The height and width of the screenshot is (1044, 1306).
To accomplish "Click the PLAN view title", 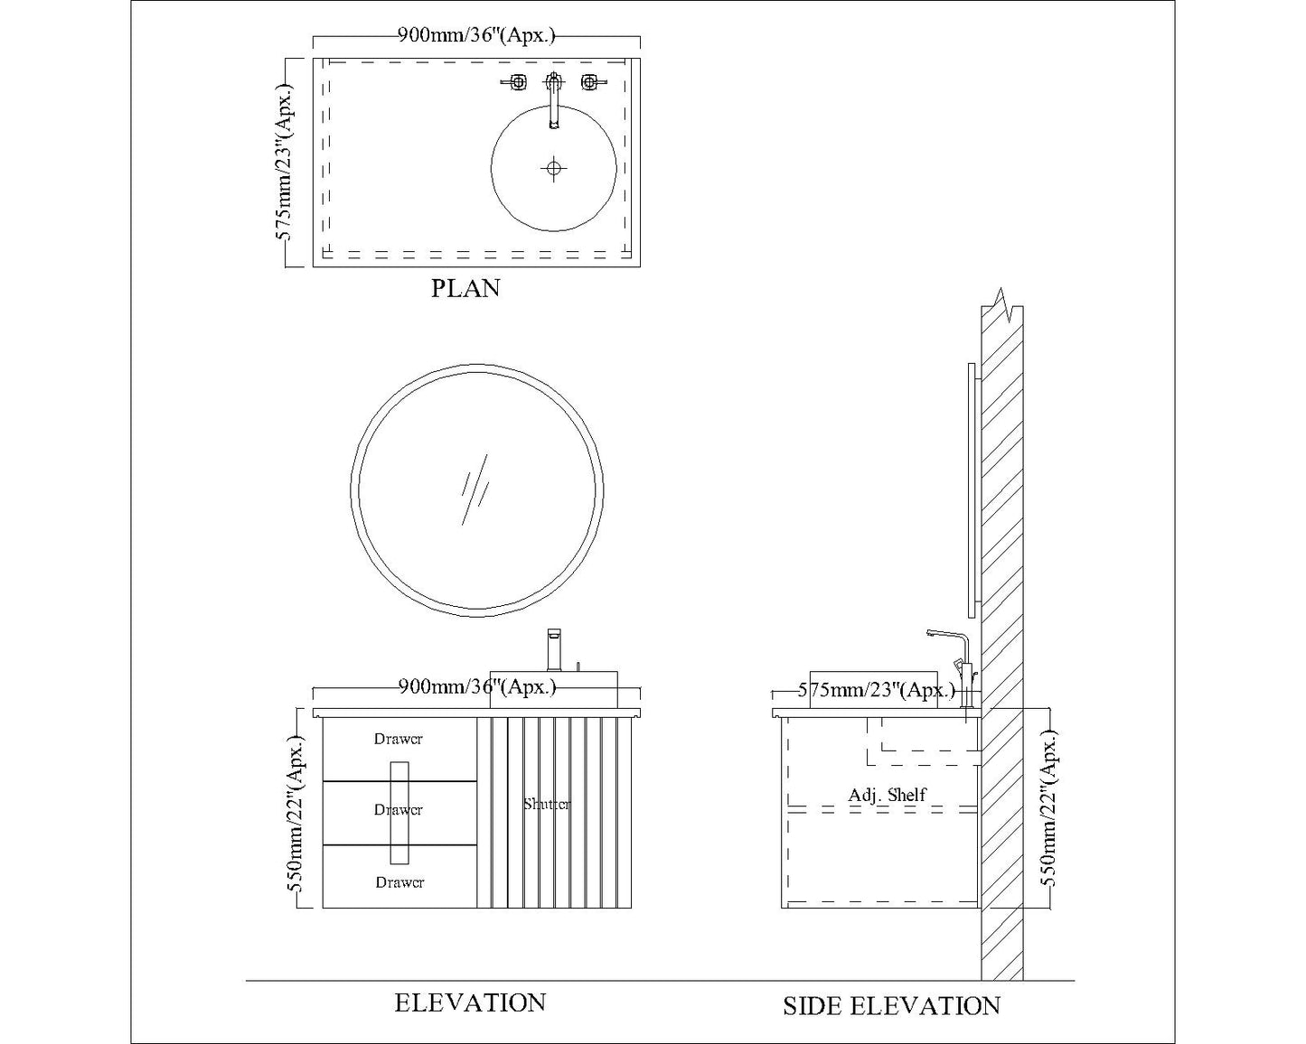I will pyautogui.click(x=465, y=288).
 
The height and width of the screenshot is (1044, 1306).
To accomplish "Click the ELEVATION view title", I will pyautogui.click(x=470, y=1002).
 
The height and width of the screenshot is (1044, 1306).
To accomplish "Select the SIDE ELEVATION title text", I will pyautogui.click(x=891, y=1006).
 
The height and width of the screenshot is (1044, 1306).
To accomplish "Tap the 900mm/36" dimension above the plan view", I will pyautogui.click(x=476, y=36).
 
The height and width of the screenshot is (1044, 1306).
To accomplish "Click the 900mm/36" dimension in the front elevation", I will pyautogui.click(x=476, y=687).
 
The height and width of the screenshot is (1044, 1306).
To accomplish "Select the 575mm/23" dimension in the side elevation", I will pyautogui.click(x=876, y=692).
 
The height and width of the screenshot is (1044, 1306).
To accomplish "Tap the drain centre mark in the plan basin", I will pyautogui.click(x=553, y=168).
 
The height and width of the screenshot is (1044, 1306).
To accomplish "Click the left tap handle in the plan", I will pyautogui.click(x=516, y=83).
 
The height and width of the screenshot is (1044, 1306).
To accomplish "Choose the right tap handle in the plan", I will pyautogui.click(x=590, y=83).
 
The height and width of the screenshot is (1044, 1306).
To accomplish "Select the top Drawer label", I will pyautogui.click(x=399, y=739).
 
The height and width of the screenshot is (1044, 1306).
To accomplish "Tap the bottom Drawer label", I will pyautogui.click(x=399, y=882).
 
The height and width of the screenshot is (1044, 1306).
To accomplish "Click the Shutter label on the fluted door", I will pyautogui.click(x=547, y=804).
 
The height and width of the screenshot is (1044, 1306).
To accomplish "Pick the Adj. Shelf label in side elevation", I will pyautogui.click(x=887, y=796).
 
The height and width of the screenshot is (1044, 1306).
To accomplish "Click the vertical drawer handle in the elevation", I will pyautogui.click(x=399, y=812).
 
